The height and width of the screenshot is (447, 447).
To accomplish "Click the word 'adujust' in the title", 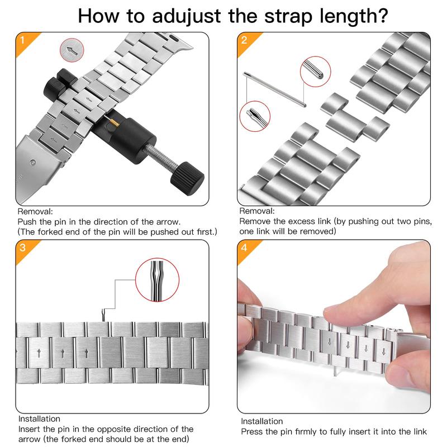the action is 187,17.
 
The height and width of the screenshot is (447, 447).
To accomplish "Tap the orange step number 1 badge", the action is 25,41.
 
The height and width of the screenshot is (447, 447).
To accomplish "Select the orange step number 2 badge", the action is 246,41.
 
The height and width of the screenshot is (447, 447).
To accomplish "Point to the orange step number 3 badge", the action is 25,249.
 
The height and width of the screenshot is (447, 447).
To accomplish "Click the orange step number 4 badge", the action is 246,249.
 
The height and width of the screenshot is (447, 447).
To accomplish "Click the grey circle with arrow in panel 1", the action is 72,50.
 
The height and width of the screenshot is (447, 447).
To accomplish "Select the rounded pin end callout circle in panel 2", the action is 315,72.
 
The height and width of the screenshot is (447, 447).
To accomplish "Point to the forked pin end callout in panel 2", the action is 255,116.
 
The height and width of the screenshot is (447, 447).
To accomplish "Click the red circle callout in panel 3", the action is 158,280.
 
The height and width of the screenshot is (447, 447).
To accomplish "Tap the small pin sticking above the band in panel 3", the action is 104,316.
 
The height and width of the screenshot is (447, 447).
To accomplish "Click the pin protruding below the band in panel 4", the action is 335,371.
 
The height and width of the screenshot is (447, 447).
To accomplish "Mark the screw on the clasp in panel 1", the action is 33,162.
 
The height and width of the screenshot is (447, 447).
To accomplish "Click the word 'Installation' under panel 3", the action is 39,419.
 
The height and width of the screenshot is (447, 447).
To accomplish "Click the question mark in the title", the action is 382,16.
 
